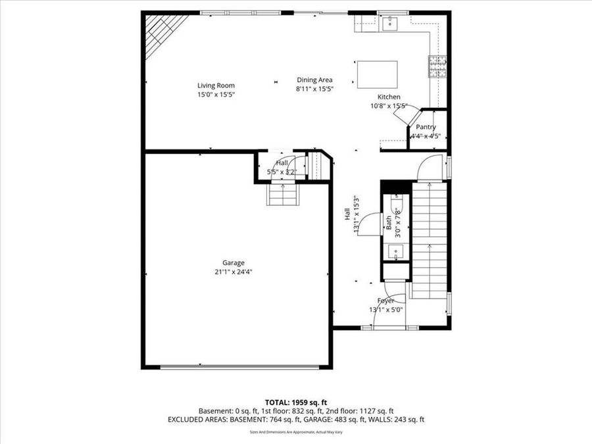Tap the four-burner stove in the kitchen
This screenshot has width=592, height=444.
(438, 66)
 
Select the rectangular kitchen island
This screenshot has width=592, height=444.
(377, 74)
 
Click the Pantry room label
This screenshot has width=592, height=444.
(426, 127)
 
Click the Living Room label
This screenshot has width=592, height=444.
(216, 86)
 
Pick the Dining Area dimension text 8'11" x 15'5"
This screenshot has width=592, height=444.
(314, 88)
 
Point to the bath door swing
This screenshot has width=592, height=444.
(372, 224)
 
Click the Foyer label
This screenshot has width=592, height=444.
(385, 301)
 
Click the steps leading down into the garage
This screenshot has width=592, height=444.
(282, 194)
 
